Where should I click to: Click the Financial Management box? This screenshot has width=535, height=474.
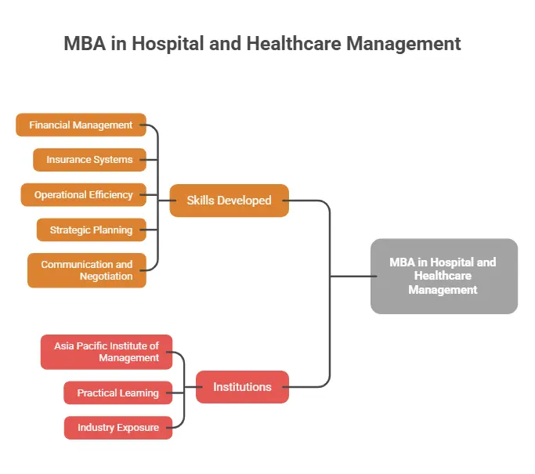[x=81, y=125]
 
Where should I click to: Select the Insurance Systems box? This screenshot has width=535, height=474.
[x=89, y=160]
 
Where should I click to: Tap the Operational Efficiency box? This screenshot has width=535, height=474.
[x=83, y=195]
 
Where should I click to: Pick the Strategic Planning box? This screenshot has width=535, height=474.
[x=91, y=230]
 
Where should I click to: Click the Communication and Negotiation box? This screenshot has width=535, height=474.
[x=86, y=270]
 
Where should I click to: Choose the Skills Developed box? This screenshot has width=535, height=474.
[x=229, y=201]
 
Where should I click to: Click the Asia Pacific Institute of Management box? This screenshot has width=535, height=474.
[x=106, y=352]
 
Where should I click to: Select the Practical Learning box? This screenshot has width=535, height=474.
[x=117, y=393]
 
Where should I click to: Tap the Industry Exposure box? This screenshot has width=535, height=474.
[x=117, y=428]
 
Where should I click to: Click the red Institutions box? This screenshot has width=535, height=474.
[x=242, y=387]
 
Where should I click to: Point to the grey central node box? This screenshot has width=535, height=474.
[x=443, y=276]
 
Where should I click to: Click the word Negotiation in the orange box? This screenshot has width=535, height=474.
[x=106, y=277]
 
